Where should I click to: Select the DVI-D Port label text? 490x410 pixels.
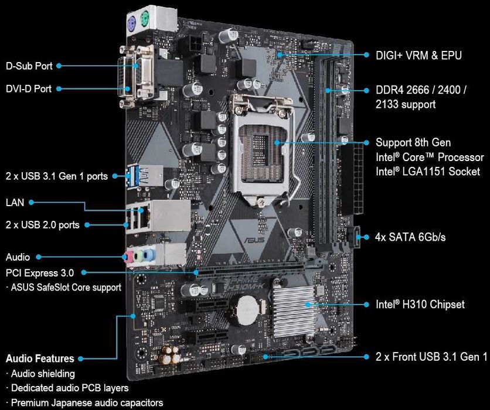coord(29,89)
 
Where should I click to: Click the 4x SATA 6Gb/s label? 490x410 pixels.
coord(410,237)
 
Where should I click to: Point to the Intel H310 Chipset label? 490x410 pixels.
coord(420,305)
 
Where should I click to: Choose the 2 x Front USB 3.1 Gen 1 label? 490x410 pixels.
coord(431,356)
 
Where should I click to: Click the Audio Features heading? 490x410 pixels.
coord(40,358)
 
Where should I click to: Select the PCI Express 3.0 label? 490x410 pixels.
coord(40,272)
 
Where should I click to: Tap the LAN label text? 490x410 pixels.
coord(15,203)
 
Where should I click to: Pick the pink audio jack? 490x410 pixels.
coord(127,256)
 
